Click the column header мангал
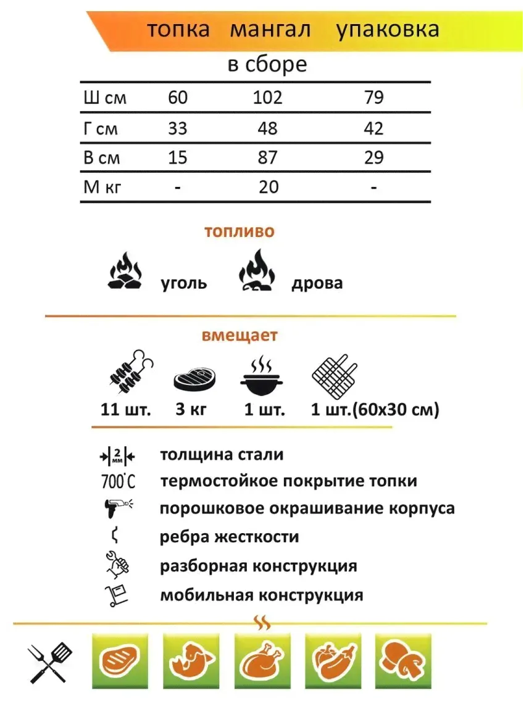point(270,30)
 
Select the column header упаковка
point(388,30)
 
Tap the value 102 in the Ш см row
point(268,97)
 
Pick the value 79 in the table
point(374,97)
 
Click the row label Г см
point(100,129)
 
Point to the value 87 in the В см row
point(268,157)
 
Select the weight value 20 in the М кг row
point(269,186)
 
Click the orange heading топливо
point(240,232)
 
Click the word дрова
point(317,283)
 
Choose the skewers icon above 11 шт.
point(130,373)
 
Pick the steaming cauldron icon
point(264,376)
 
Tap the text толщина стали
point(222,455)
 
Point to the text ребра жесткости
point(229,537)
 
